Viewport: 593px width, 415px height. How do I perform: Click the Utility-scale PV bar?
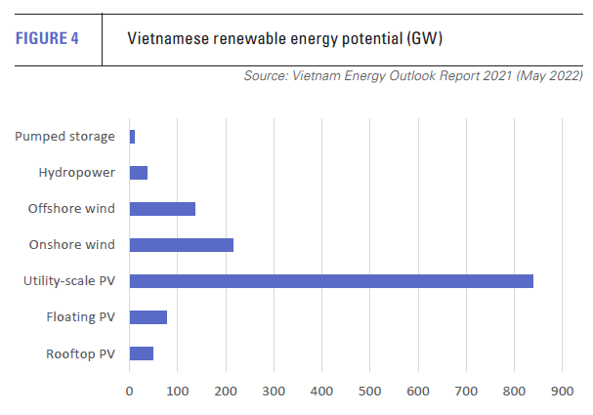coord(331,281)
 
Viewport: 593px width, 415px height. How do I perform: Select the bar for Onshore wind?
coord(182,245)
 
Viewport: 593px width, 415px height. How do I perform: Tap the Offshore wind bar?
coord(162,209)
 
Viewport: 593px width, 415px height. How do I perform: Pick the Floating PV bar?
coord(148,317)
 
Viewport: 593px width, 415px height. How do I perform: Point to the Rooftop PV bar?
coord(142,353)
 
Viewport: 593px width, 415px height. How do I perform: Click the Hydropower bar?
coord(139,173)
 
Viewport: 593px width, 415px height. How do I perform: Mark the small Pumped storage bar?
coord(133,137)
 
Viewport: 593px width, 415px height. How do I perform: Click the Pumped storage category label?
coord(64,137)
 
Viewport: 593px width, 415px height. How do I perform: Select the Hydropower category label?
coord(77,173)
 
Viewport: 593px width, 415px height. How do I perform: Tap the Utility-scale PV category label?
coord(69,281)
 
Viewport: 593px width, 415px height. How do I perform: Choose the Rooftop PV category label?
coord(81,353)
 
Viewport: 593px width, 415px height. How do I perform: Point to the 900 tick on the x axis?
coord(562,392)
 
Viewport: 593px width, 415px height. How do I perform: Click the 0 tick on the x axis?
coord(130,392)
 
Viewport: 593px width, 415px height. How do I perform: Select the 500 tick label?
coord(369,392)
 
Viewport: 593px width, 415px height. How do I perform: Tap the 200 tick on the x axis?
coord(226,392)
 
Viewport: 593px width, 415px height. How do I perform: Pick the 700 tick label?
coord(466,392)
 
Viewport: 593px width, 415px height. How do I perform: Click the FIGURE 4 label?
coord(51,39)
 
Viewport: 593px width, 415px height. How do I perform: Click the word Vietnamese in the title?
coord(171,39)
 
